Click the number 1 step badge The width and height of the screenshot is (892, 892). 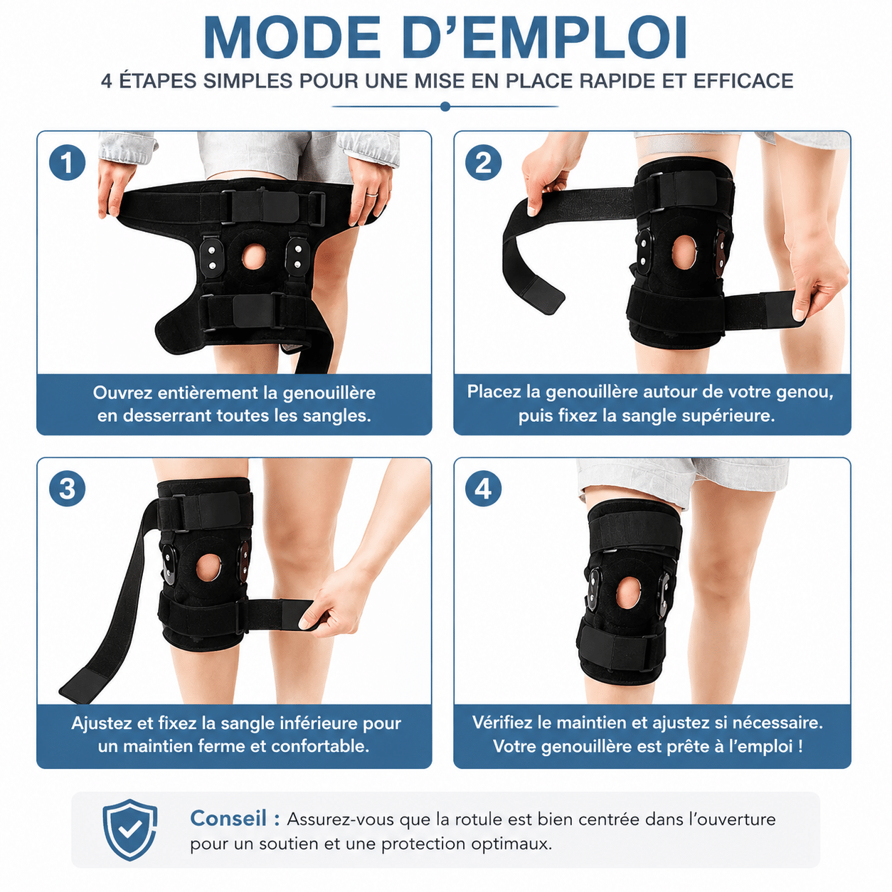pos(67,163)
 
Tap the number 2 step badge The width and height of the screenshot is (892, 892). pos(484,163)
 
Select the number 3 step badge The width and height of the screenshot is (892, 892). pos(67,489)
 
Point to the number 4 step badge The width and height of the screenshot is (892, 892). pos(484,489)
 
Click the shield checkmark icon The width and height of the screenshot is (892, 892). pos(130,830)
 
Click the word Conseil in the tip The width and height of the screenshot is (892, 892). pos(228,819)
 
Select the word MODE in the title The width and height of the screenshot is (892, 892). pos(292,38)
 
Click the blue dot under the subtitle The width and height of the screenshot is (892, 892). pos(445,107)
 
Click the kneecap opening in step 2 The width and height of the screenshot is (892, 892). pos(684,253)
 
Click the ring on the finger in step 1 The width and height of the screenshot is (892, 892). pos(371,195)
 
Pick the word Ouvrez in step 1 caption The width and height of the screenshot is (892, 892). pos(122,393)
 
